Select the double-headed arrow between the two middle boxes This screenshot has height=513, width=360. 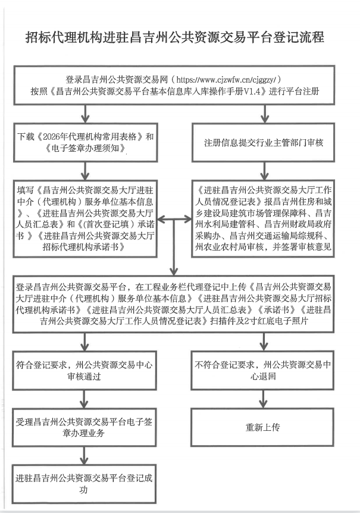174,220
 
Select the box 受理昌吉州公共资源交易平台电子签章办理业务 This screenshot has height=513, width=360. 87,427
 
